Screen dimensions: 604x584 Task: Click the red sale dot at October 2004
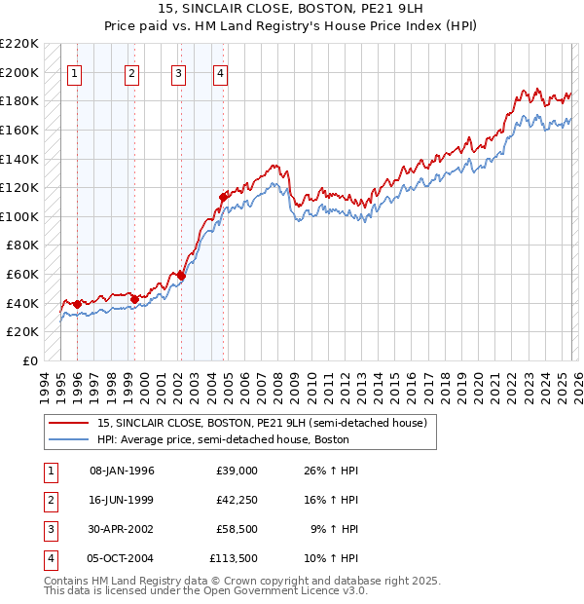pos(224,197)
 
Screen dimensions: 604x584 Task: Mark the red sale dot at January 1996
pos(77,304)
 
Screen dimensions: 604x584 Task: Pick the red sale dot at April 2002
pos(181,276)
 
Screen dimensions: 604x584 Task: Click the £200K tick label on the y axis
pos(20,72)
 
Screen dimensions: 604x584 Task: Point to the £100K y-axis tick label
pos(20,216)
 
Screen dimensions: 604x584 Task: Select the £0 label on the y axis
pos(30,360)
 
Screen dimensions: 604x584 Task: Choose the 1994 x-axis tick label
pos(45,386)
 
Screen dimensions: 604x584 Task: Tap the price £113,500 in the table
pos(233,559)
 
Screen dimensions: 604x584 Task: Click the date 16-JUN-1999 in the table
pos(122,500)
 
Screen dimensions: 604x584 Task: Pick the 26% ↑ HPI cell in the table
pos(333,471)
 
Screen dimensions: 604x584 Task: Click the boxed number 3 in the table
pos(49,530)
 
